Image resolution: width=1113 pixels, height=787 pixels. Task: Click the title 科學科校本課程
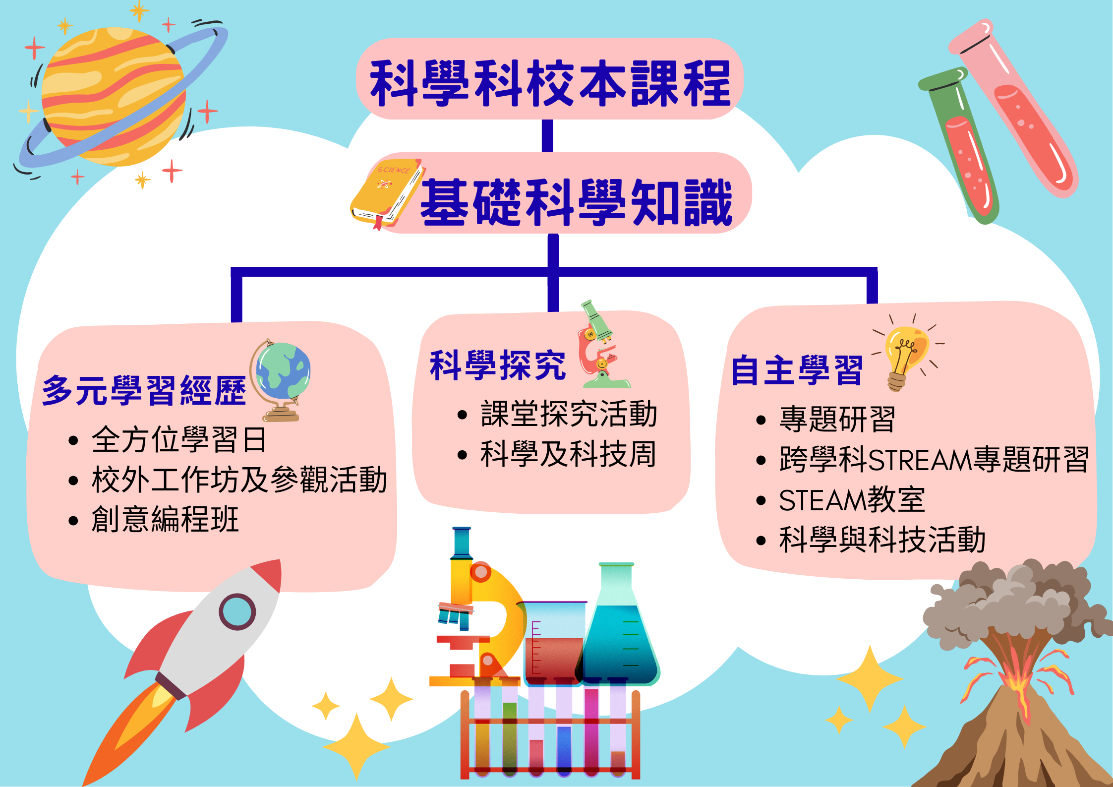click(550, 83)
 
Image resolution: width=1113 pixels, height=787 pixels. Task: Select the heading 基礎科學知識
click(577, 202)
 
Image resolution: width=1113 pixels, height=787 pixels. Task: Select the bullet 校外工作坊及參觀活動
click(239, 480)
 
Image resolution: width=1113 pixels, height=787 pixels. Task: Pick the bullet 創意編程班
click(165, 519)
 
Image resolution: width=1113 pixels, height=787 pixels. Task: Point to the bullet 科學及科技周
click(568, 454)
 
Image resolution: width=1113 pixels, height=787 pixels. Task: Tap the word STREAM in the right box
click(920, 460)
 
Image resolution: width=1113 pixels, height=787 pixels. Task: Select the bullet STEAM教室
click(852, 500)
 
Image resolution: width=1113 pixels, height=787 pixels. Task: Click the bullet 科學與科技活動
click(882, 540)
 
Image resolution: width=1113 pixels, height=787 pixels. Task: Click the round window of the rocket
click(237, 611)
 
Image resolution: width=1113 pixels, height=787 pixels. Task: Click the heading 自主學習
click(797, 370)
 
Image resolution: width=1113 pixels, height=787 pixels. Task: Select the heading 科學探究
click(498, 365)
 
